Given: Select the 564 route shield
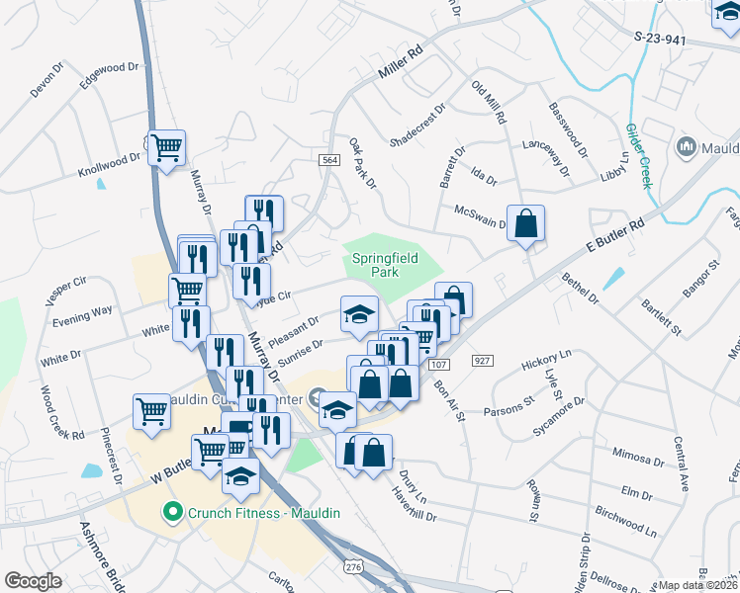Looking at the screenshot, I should [x=329, y=160].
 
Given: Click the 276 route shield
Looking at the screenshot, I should [x=353, y=565].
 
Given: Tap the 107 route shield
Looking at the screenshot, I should [x=439, y=365].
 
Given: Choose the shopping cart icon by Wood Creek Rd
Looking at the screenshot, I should [x=152, y=410].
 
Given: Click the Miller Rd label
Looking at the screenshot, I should [x=402, y=68].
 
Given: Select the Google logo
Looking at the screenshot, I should [x=33, y=580].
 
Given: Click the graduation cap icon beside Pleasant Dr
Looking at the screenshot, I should [x=359, y=314].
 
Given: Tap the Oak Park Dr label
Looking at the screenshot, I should [x=362, y=163].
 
